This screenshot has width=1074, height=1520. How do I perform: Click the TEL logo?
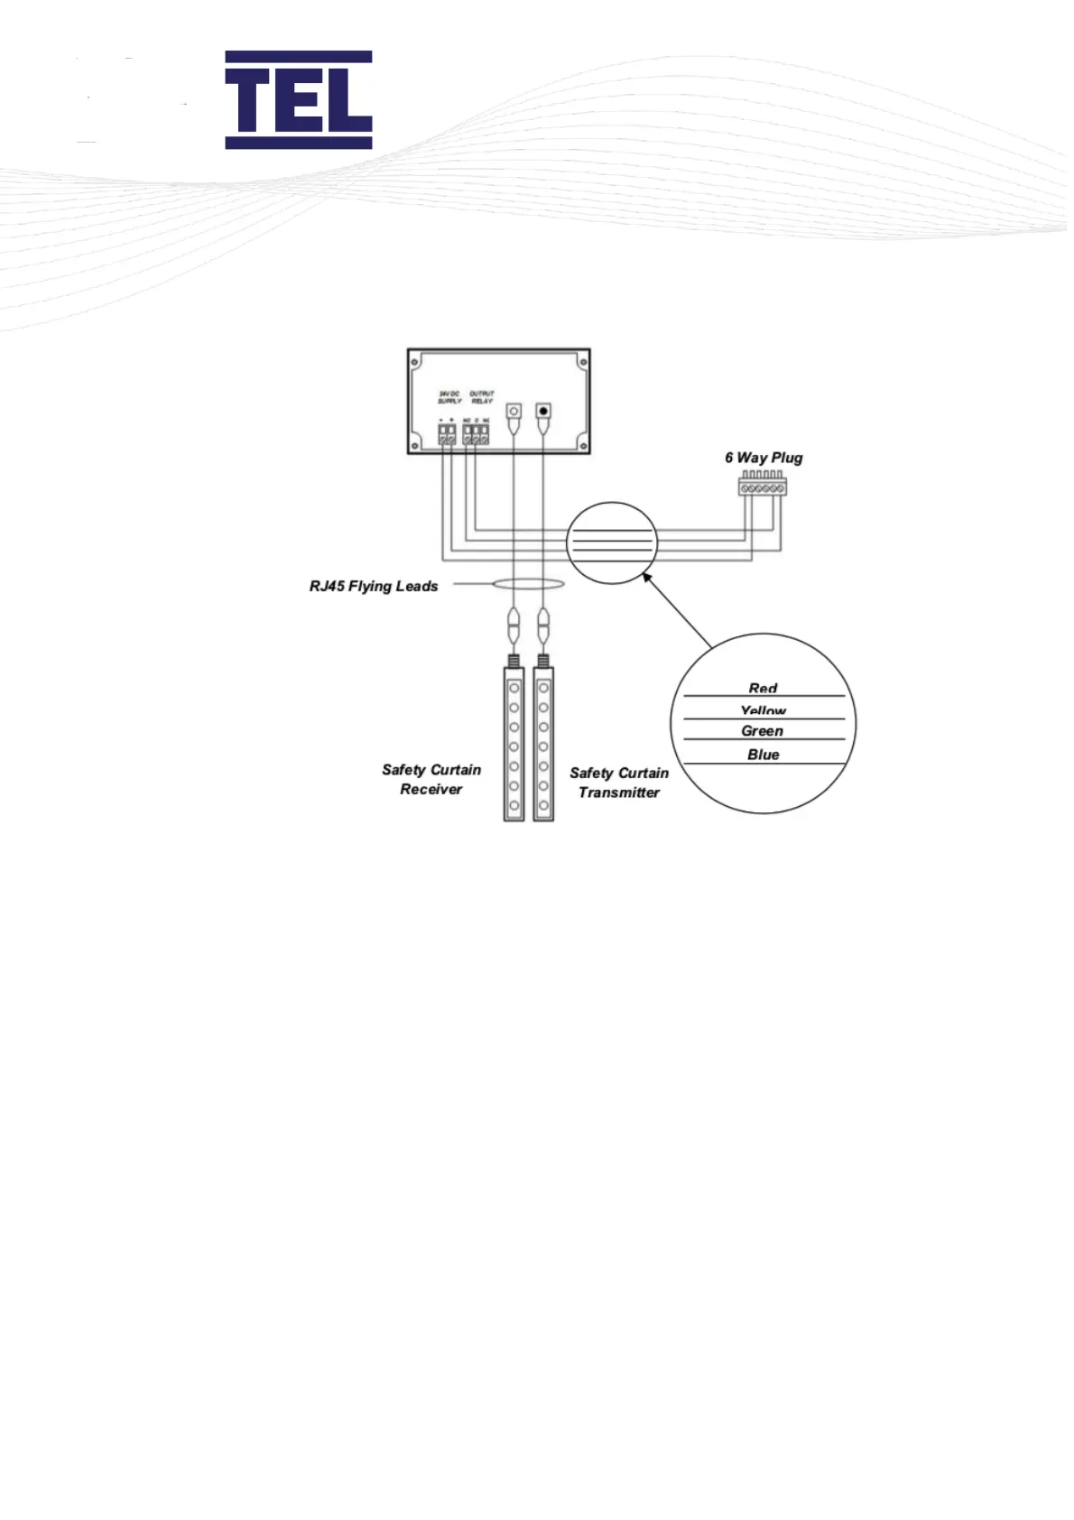click(298, 99)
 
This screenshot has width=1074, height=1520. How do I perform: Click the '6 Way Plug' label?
click(764, 458)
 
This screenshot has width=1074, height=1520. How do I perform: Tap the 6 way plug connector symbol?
click(760, 487)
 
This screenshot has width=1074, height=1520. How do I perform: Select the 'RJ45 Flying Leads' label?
click(374, 586)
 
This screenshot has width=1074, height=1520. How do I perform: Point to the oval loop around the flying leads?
click(529, 585)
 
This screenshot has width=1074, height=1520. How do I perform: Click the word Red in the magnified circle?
click(763, 688)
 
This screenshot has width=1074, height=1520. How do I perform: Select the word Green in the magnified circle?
click(763, 730)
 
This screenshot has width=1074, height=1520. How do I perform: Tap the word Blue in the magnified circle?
click(763, 754)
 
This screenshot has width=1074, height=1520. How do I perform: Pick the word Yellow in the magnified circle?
click(763, 711)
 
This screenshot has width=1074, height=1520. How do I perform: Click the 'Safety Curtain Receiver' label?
click(431, 779)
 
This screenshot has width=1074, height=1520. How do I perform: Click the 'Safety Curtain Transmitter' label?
click(619, 783)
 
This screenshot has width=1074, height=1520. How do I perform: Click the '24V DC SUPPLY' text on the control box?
click(449, 397)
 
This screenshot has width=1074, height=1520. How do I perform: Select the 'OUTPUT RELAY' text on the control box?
click(482, 397)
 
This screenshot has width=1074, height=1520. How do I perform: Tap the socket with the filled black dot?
click(543, 412)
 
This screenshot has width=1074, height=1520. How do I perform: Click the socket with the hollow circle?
click(514, 412)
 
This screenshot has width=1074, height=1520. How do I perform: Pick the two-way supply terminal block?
click(447, 437)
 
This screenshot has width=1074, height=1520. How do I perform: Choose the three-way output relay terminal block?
click(476, 437)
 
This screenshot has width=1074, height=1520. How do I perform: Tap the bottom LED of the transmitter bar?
click(543, 805)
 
